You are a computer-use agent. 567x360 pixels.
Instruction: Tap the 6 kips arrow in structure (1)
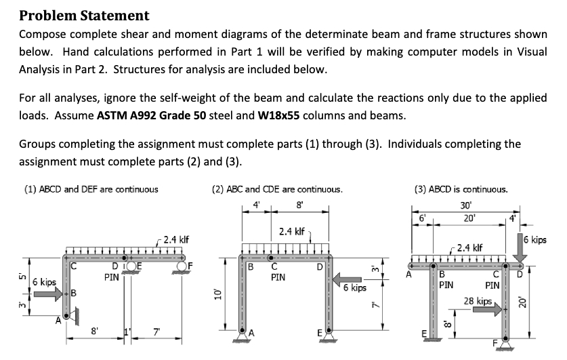(46, 294)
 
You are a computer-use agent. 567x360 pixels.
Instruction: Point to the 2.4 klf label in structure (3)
(469, 247)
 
